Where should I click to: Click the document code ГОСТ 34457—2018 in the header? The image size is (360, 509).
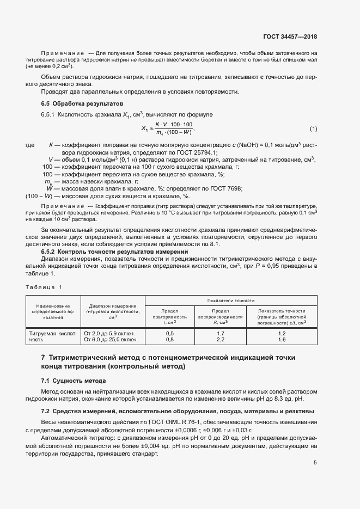pos(290,37)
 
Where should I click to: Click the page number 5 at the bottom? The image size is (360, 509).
pos(315,463)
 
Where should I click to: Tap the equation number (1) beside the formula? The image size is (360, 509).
pos(313,129)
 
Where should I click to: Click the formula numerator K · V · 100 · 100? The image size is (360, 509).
pos(170,125)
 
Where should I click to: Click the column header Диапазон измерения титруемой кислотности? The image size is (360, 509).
pos(113,312)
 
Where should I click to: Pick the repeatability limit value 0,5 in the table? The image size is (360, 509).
pos(169,333)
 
